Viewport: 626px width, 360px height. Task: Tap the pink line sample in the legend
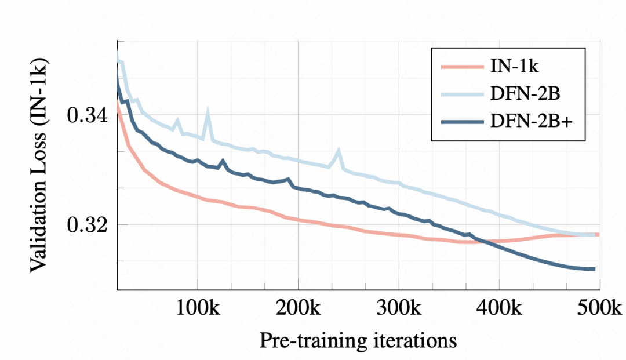click(461, 67)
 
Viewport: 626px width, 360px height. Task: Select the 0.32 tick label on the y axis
click(88, 224)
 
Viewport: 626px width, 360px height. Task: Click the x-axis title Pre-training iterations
click(358, 340)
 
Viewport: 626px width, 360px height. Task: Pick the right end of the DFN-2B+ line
click(594, 269)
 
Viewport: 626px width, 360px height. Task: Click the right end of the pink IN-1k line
click(598, 234)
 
